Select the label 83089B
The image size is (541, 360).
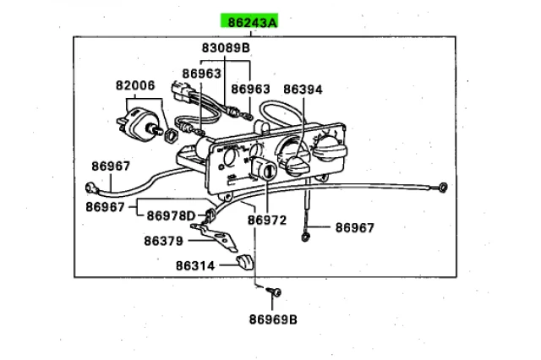click(x=226, y=49)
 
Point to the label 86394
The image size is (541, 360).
click(x=303, y=88)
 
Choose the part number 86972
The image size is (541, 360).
click(x=268, y=220)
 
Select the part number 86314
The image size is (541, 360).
click(x=196, y=265)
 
